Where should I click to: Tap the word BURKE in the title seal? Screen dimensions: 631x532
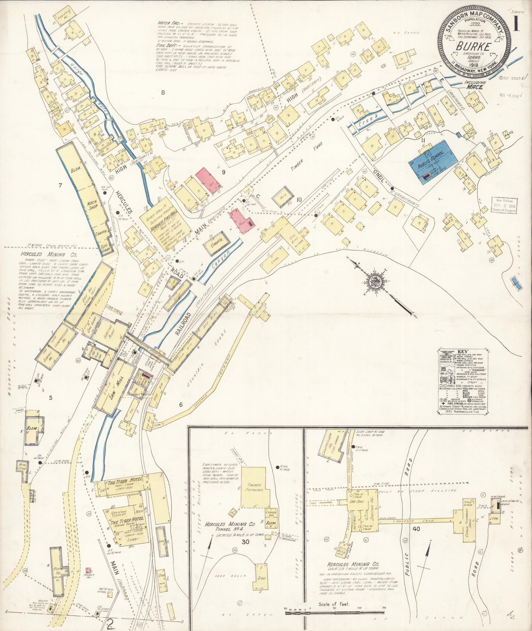point(473,47)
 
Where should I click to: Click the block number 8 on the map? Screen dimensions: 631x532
point(162,92)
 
